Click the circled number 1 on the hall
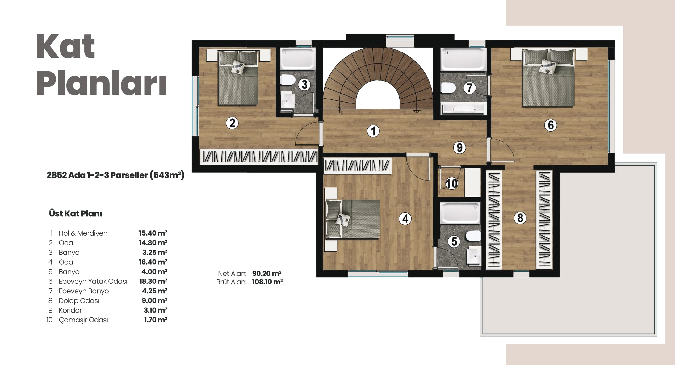(373, 131)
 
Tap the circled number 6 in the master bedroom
(551, 125)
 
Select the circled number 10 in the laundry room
(451, 183)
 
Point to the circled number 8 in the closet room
(520, 218)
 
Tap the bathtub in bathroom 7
(463, 60)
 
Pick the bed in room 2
(238, 78)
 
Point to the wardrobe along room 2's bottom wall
(259, 156)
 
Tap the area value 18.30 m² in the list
(153, 281)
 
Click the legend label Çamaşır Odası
(83, 320)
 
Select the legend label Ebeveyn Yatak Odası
(93, 281)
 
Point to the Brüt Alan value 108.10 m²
(267, 282)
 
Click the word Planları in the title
(102, 84)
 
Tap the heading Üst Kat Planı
(76, 213)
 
